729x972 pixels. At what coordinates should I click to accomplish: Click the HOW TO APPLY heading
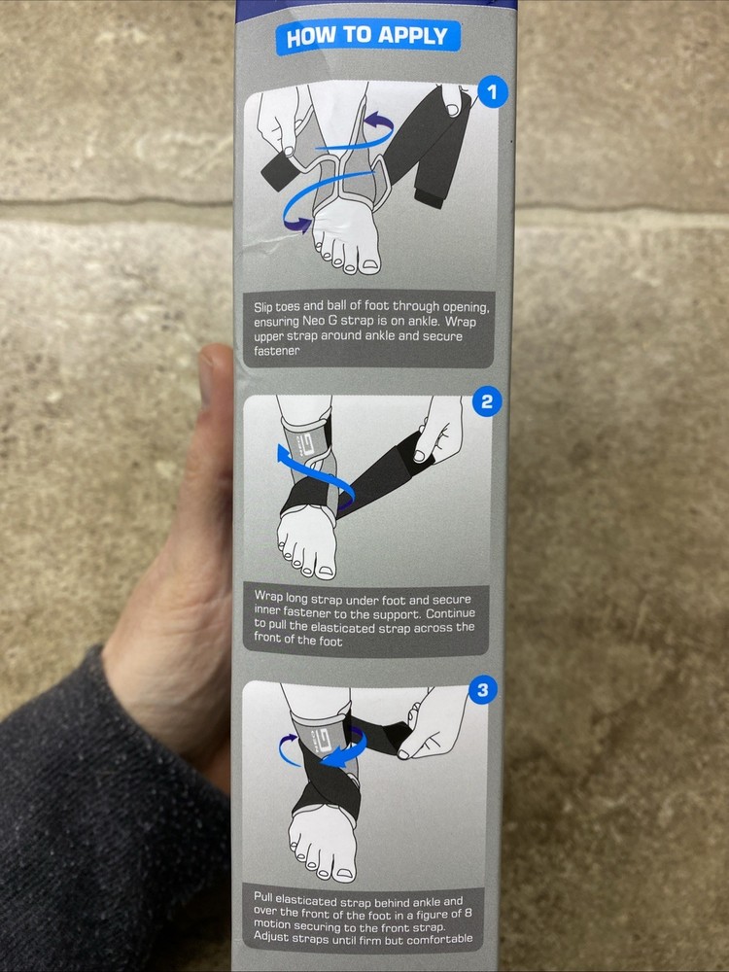[367, 36]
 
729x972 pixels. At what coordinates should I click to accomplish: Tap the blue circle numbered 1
[492, 91]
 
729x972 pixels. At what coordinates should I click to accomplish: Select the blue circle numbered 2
[487, 401]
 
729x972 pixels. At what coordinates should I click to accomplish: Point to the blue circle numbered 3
[482, 690]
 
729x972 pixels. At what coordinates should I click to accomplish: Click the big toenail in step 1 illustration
[370, 265]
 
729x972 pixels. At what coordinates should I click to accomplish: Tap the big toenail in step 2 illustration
[325, 572]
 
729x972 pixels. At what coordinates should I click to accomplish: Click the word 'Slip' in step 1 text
[262, 307]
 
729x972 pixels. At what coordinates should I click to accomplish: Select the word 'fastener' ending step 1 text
[276, 350]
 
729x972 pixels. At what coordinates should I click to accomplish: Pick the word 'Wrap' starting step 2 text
[268, 597]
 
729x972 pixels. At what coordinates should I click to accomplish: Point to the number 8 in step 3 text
[468, 914]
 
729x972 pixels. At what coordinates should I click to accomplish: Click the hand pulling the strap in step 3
[434, 722]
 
